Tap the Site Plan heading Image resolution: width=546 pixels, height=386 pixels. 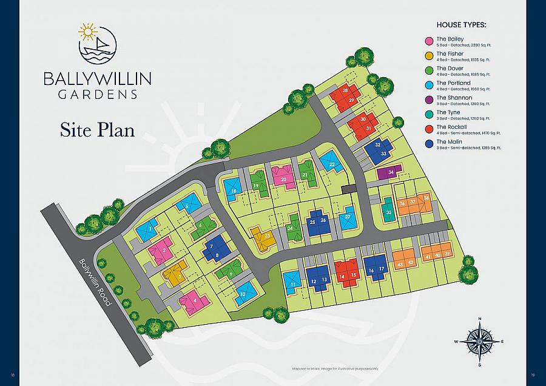(x=97, y=129)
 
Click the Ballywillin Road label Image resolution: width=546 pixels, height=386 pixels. (x=95, y=282)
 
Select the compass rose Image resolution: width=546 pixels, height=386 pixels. (x=480, y=342)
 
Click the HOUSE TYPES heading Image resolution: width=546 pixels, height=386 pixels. (x=462, y=25)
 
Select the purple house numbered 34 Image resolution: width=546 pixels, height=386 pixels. (x=389, y=172)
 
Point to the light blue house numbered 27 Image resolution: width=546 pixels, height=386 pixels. (x=347, y=218)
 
